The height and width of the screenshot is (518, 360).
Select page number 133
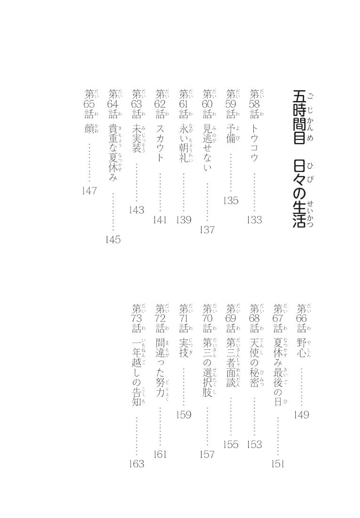(254, 220)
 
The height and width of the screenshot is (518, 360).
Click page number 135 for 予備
(231, 200)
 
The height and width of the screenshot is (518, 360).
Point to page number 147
(90, 191)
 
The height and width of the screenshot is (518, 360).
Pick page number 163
(137, 464)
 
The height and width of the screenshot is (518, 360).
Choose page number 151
(278, 464)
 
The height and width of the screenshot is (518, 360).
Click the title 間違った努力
(161, 364)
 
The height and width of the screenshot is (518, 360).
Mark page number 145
(113, 239)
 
